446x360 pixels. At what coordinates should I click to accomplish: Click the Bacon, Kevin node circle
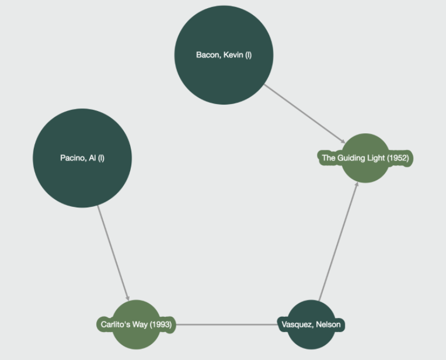tap(224, 35)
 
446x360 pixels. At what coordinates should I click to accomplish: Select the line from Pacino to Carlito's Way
tap(112, 251)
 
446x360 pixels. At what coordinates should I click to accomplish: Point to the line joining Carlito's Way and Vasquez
tap(228, 324)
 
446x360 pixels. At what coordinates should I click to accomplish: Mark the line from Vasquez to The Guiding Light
tap(339, 240)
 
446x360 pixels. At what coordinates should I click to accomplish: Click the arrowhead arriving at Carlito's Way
tap(127, 297)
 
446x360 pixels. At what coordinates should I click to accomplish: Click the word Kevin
tap(233, 55)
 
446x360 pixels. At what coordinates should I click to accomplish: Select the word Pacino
tap(73, 158)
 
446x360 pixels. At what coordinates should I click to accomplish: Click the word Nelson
tap(329, 324)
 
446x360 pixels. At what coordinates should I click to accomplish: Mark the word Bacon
tap(207, 55)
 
